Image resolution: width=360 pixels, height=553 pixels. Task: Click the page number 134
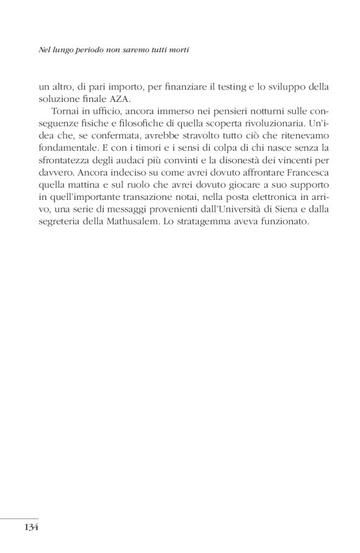31,528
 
